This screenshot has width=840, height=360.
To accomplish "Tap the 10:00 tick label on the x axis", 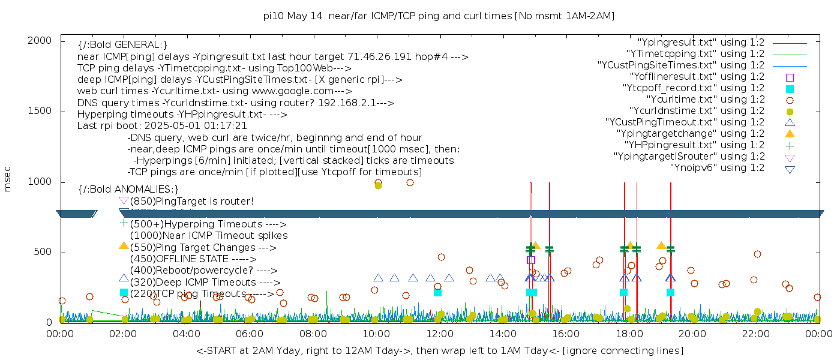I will coord(376,333).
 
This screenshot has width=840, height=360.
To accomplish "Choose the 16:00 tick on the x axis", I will coord(566,333).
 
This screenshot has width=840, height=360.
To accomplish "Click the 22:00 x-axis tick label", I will coord(755,333).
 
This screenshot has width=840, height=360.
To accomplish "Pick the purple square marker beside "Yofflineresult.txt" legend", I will coord(790,77).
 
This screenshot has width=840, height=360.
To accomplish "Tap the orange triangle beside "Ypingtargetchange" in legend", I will coord(790,134).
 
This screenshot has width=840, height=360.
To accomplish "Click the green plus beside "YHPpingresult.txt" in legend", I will coord(790,145).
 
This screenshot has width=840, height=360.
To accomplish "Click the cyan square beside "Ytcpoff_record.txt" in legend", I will coord(790,88).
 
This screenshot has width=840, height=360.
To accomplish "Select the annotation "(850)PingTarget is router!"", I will coord(192,201).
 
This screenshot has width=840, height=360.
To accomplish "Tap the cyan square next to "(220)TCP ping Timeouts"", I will coord(124,293).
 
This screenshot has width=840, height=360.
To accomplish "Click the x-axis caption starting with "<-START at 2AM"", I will coord(439,350).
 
